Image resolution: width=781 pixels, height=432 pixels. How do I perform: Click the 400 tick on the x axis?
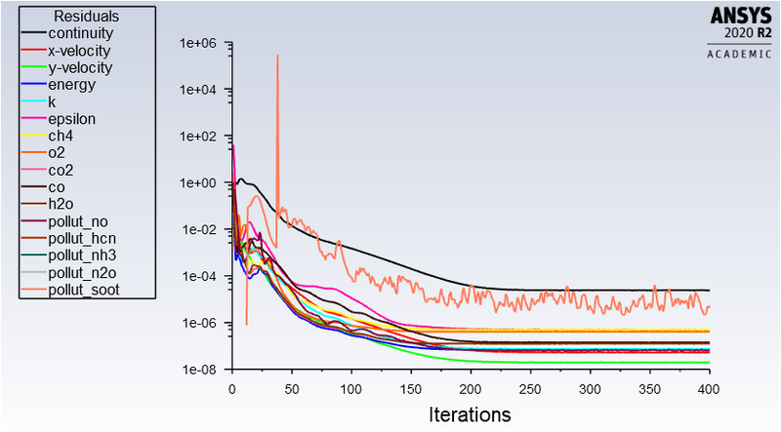click(710, 387)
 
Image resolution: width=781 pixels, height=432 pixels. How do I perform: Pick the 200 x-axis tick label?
click(471, 387)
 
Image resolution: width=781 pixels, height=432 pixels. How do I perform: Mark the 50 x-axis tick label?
click(291, 387)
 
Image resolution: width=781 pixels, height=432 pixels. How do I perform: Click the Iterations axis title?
click(470, 414)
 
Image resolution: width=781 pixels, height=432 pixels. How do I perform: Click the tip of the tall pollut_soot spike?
click(277, 56)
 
